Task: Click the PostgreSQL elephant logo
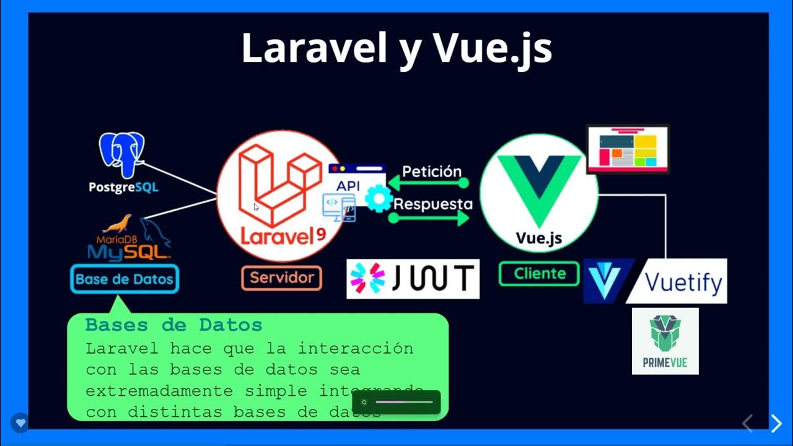(x=121, y=155)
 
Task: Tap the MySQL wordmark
(x=129, y=250)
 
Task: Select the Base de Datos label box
(x=125, y=279)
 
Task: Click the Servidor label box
(x=282, y=278)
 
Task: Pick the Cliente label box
(x=540, y=273)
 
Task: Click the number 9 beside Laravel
(x=321, y=235)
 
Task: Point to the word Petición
(x=432, y=172)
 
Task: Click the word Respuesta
(x=433, y=204)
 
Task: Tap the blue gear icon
(x=379, y=199)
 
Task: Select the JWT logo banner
(x=413, y=279)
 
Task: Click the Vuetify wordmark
(x=683, y=282)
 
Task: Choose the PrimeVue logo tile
(x=665, y=341)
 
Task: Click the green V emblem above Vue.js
(x=540, y=186)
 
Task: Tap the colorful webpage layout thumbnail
(x=628, y=149)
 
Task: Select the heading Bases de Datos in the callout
(x=173, y=325)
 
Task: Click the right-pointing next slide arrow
(x=776, y=423)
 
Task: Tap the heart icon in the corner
(x=20, y=424)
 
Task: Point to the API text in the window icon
(x=348, y=185)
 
